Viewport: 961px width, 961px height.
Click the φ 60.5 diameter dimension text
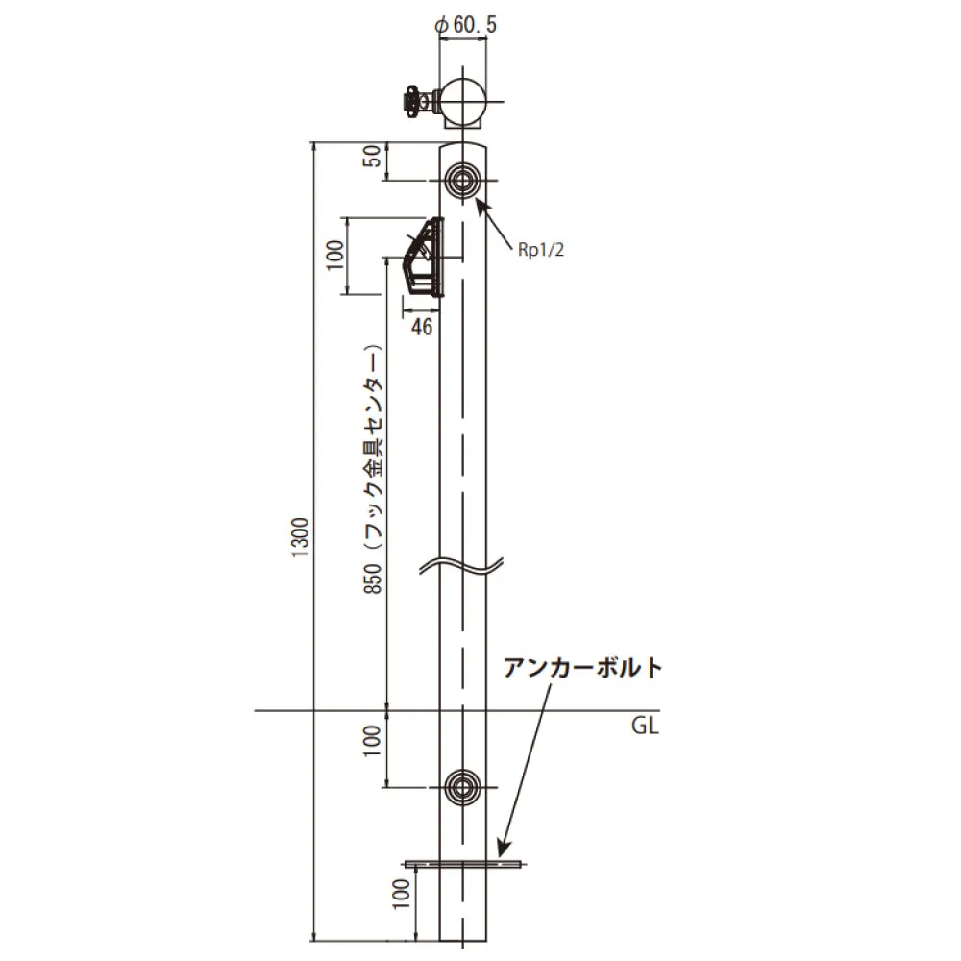[465, 25]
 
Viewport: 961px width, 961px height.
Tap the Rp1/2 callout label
[540, 250]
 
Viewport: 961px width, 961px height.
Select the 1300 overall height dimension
[301, 537]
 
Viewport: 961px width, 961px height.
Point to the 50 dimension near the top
[373, 157]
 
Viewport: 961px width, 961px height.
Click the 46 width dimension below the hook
[422, 327]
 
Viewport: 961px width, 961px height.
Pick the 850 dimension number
[373, 579]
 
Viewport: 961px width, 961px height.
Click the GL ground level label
[645, 727]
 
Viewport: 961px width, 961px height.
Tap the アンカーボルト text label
[583, 668]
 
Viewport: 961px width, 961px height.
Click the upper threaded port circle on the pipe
[463, 181]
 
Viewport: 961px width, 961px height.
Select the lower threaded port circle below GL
[463, 787]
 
